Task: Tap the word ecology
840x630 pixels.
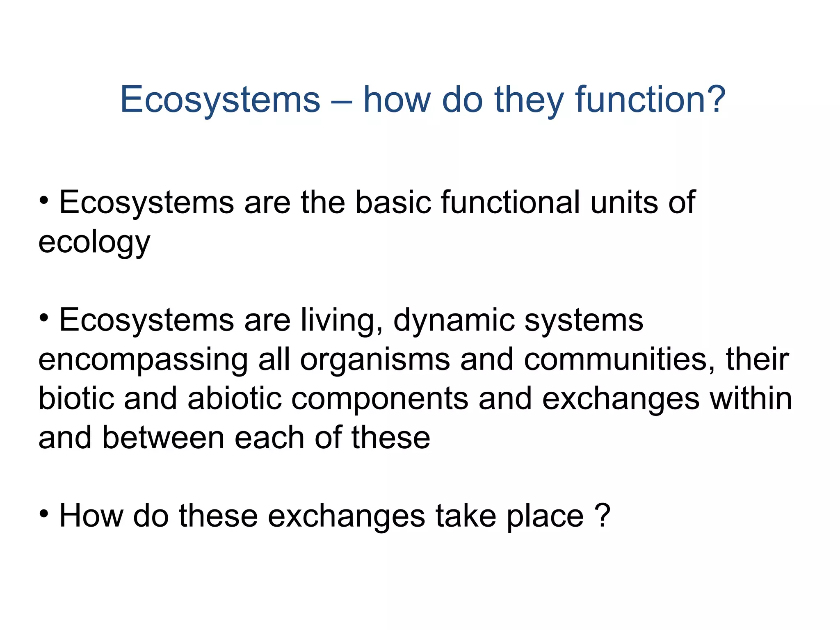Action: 94,243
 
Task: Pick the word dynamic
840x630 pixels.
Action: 454,321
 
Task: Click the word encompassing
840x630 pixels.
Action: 143,360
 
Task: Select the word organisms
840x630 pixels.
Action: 375,360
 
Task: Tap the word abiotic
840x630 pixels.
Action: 235,399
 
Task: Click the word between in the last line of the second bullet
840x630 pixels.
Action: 163,438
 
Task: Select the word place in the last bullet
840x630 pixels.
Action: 545,517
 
